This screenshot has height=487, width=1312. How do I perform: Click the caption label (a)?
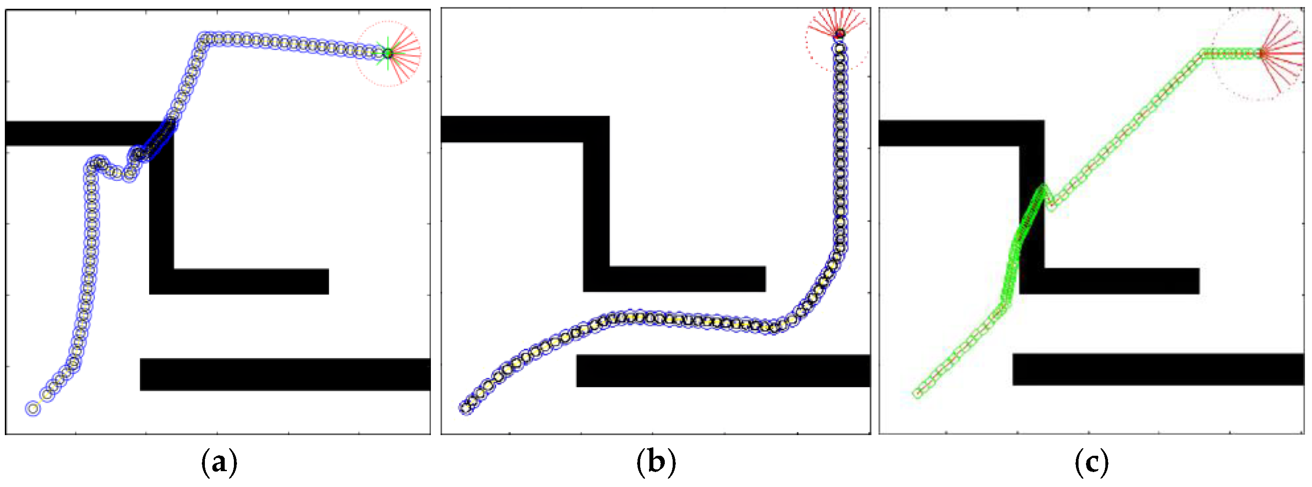click(x=219, y=462)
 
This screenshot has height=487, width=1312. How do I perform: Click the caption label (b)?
click(x=656, y=462)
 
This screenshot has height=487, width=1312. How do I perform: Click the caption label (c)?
click(x=1091, y=462)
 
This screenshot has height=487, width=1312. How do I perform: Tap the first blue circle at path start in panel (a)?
click(x=33, y=408)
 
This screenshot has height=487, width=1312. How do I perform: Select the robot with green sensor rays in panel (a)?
click(x=388, y=53)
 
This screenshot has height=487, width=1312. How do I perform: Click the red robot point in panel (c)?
click(x=1262, y=53)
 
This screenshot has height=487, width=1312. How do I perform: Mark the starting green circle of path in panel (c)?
click(x=917, y=393)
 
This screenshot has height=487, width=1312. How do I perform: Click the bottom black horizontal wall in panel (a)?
click(x=285, y=374)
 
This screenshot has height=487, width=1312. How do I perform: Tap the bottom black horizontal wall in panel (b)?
click(x=723, y=371)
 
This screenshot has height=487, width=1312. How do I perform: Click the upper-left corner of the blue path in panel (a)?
click(x=205, y=39)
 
